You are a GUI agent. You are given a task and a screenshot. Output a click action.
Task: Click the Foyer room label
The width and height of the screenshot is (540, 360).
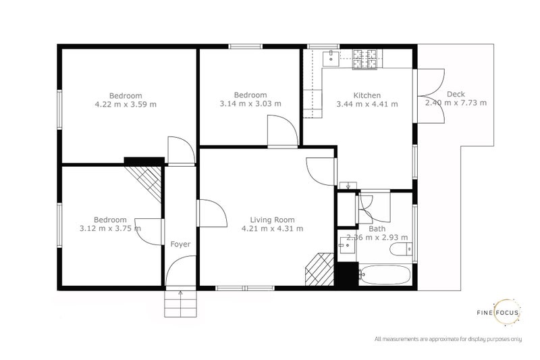(180, 244)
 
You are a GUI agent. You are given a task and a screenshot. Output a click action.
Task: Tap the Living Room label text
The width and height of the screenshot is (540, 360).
(272, 220)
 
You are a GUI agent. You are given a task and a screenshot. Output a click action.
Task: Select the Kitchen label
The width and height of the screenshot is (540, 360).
(367, 95)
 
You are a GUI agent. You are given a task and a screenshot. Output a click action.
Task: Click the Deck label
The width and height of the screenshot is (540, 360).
(456, 95)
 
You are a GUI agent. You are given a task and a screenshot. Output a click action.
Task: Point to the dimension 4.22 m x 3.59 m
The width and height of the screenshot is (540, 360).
(126, 105)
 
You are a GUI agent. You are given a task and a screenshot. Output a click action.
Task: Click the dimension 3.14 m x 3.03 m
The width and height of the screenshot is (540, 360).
(250, 104)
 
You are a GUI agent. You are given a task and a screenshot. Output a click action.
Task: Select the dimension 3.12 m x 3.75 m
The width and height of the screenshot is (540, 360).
(110, 228)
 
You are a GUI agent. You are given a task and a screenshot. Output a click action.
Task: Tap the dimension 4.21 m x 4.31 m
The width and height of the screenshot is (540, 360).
(272, 228)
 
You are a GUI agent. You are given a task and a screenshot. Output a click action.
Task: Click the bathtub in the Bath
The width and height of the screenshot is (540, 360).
(384, 276)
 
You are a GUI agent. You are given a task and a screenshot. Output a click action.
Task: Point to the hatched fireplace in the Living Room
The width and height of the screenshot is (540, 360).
(319, 269)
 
